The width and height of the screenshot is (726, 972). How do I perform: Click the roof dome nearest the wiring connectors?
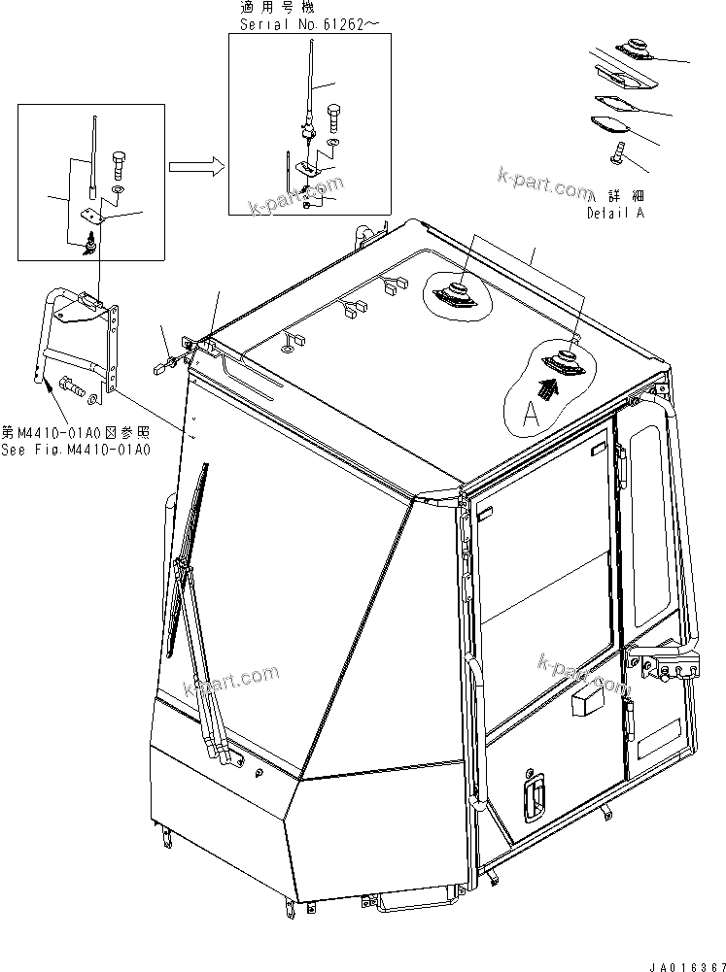455,293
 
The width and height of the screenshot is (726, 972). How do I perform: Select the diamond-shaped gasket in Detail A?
610,124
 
